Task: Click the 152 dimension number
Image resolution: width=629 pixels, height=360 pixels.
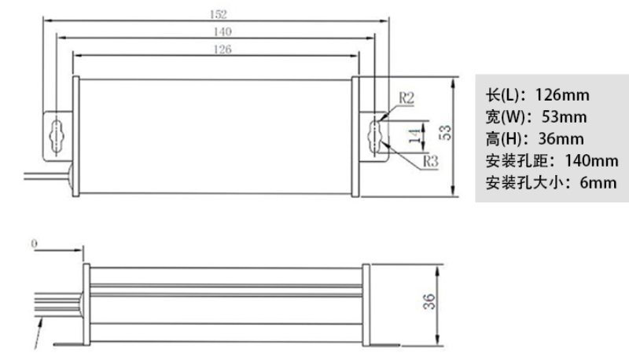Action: point(219,14)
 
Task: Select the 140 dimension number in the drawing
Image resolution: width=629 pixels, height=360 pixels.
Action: point(223,31)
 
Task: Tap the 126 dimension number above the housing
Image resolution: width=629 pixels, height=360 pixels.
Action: point(223,50)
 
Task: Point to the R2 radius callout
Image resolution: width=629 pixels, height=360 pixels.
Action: point(406,97)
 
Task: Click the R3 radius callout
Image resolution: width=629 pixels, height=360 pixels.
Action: point(430,161)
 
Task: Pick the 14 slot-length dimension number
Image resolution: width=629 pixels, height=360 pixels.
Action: point(415,136)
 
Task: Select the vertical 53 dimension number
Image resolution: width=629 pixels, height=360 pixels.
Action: point(445,133)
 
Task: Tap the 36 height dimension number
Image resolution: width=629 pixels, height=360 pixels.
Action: point(429,302)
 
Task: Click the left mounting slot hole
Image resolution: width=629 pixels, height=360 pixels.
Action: point(57,136)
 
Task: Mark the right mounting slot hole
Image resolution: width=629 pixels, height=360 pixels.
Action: point(374,136)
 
